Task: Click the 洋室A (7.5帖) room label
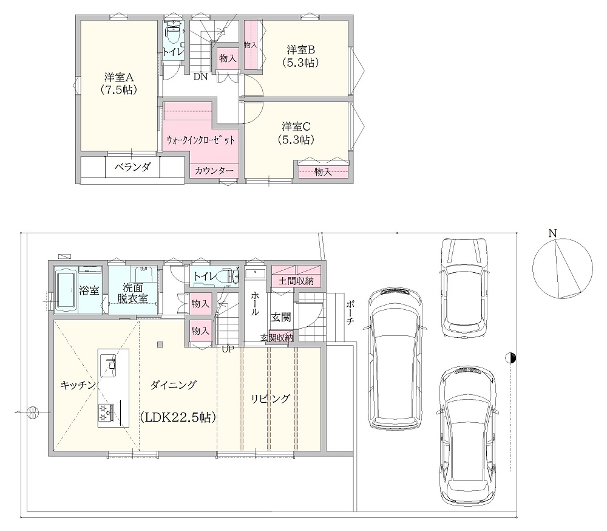tap(119, 83)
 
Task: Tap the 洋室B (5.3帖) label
tap(300, 56)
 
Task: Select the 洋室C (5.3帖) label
tap(296, 133)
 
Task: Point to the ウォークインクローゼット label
tap(200, 140)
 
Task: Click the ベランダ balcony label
tap(132, 168)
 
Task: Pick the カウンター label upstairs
tap(214, 171)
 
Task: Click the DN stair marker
tap(200, 77)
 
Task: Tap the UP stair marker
tap(228, 349)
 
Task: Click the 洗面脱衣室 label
tap(133, 293)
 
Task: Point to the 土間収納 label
tap(296, 281)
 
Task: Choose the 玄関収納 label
tap(276, 338)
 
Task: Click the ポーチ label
tap(349, 312)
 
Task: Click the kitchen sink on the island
tap(109, 365)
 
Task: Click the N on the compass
tap(552, 233)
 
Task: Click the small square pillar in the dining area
tap(160, 344)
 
